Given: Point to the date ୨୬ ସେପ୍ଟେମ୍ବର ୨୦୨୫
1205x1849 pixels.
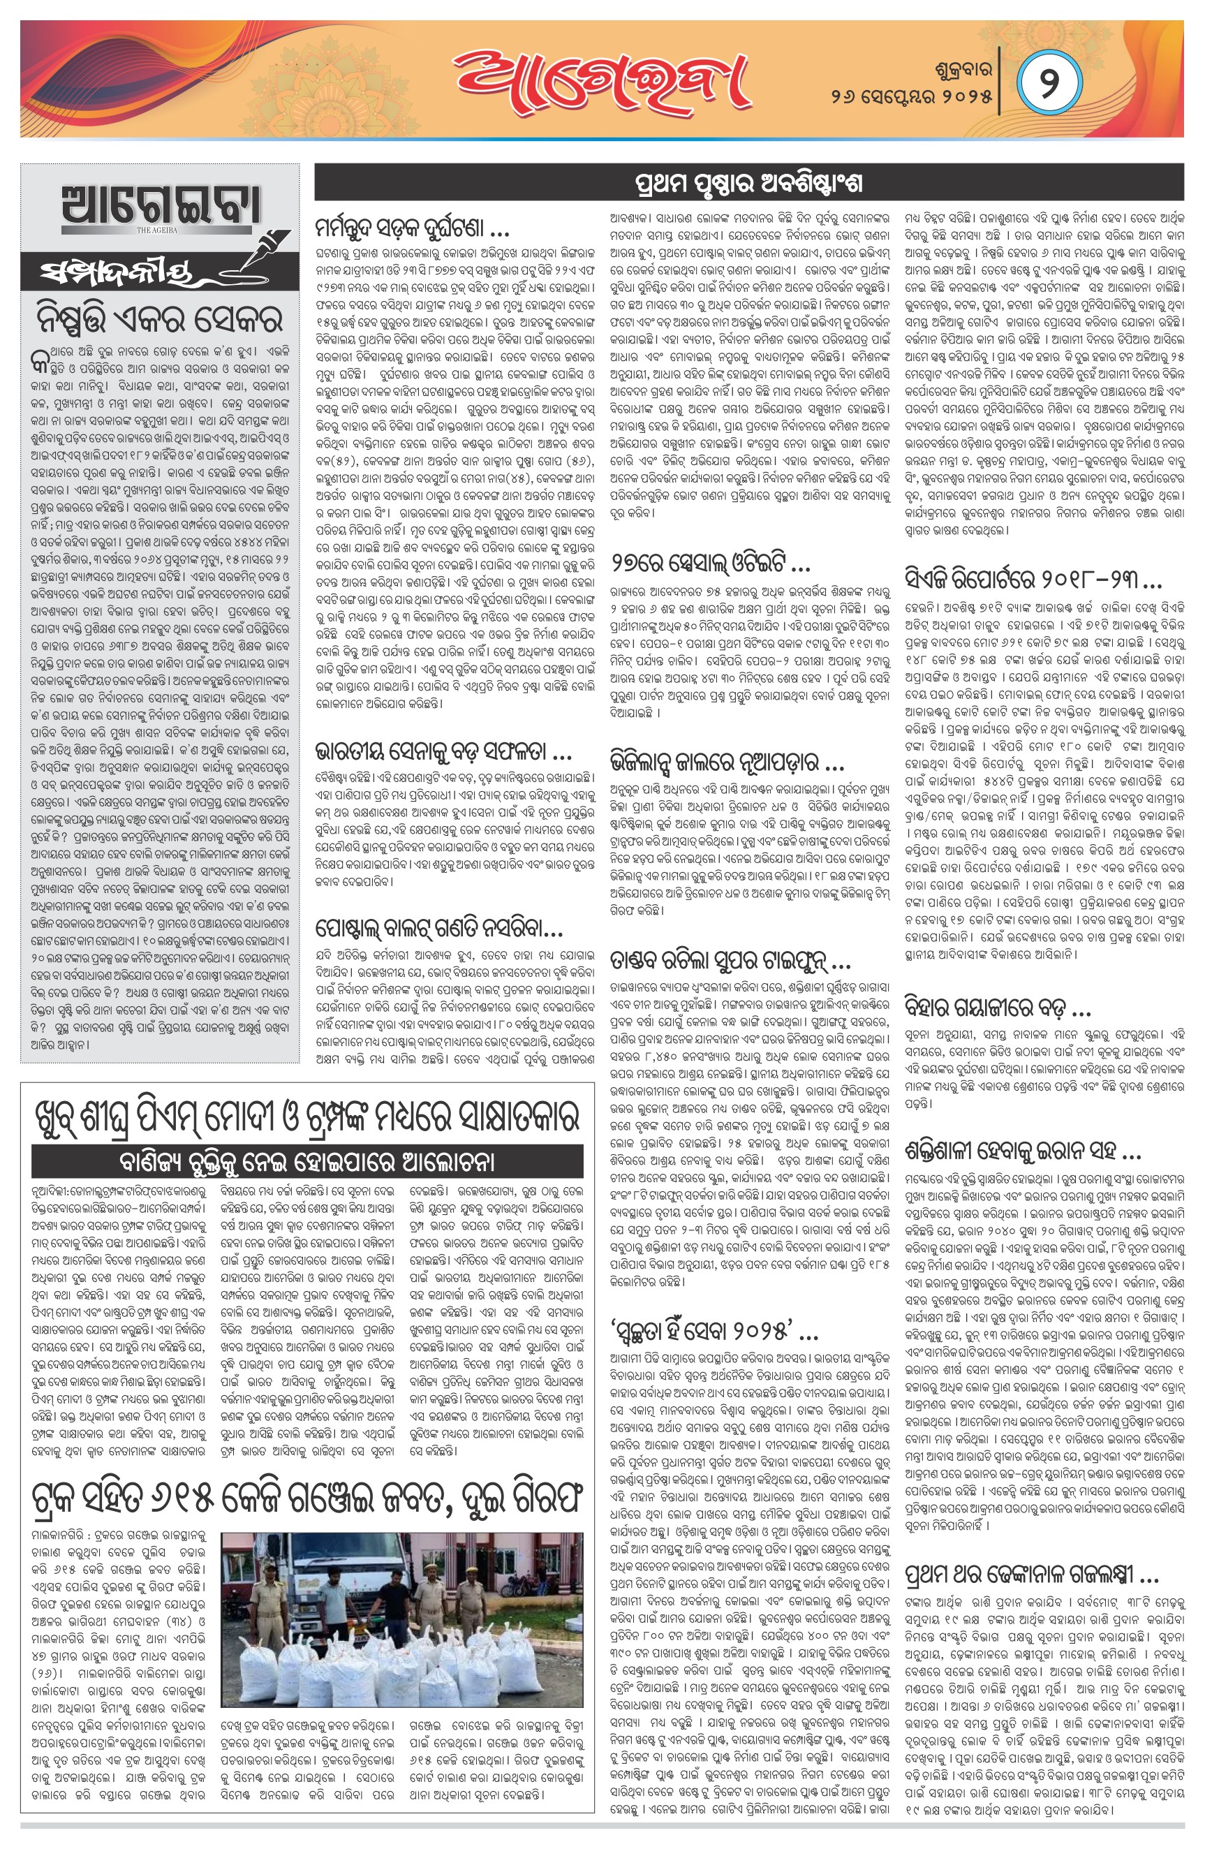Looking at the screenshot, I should pos(911,98).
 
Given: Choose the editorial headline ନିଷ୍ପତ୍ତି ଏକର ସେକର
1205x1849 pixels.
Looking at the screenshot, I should pos(158,319).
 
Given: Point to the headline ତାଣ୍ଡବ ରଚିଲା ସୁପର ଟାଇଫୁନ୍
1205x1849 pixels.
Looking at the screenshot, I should pos(730,964).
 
